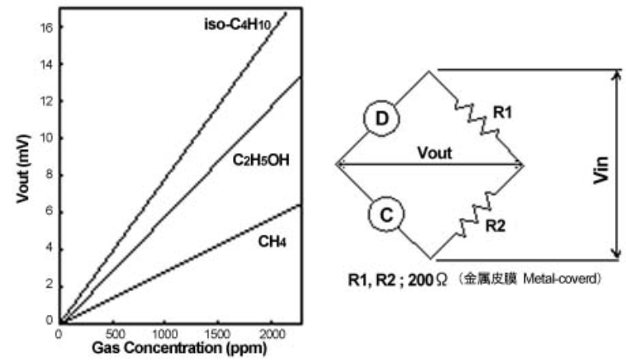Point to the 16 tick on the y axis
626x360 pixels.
(x=47, y=26)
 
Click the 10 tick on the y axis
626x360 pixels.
(x=47, y=137)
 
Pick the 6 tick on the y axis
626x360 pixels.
(x=49, y=211)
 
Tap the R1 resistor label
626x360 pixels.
(x=503, y=113)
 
